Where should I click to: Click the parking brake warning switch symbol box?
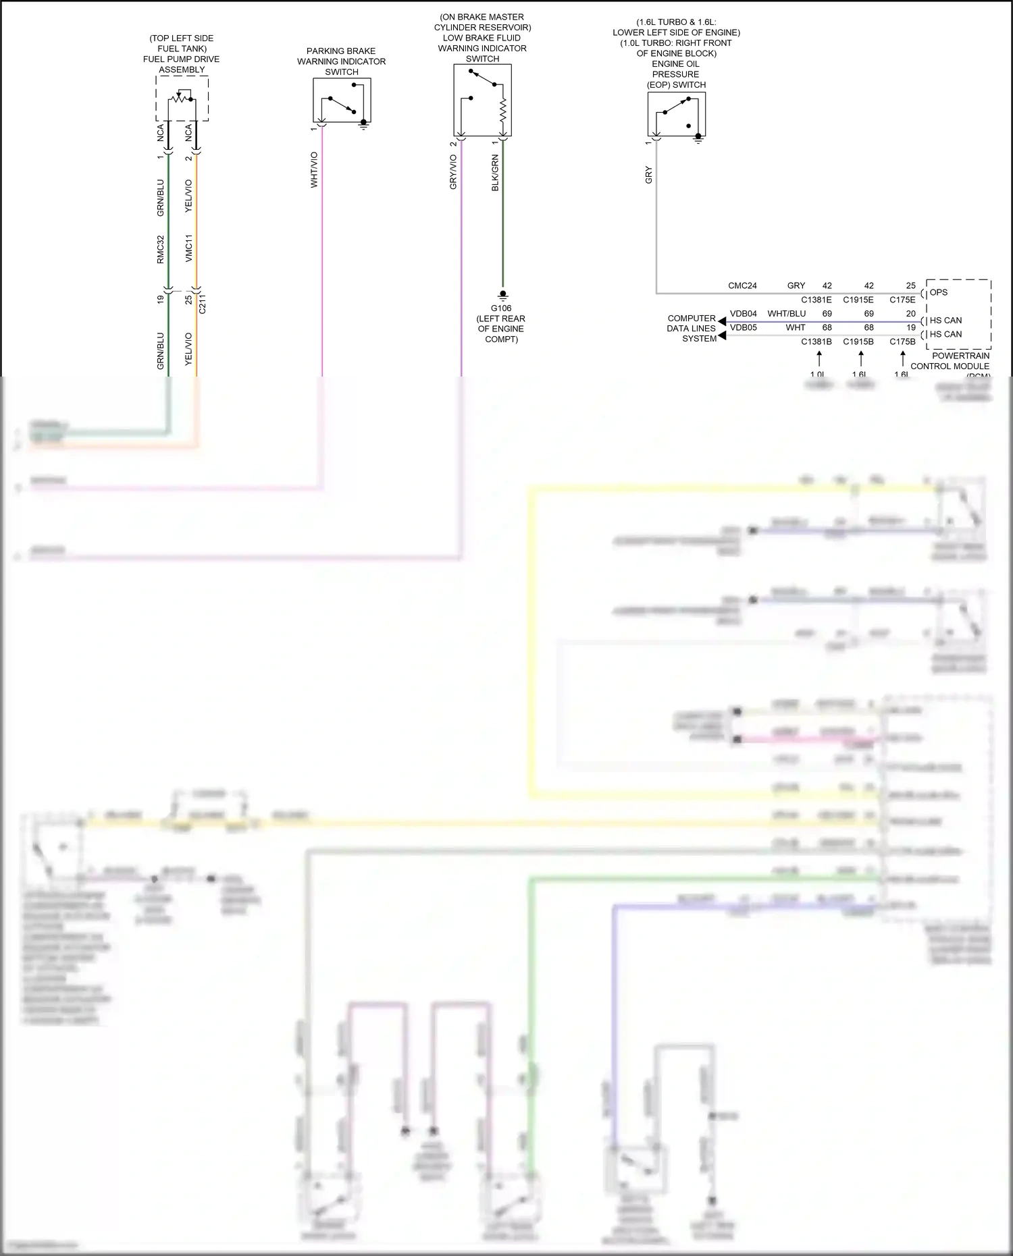click(x=342, y=100)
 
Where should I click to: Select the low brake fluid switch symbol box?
click(x=482, y=100)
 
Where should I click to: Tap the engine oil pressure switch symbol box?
click(x=676, y=114)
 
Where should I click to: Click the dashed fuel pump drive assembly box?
click(x=182, y=99)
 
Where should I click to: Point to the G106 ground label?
click(x=501, y=308)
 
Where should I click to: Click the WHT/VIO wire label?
click(x=314, y=169)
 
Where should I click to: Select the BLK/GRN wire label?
click(x=495, y=173)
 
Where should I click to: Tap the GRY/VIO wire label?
click(x=454, y=172)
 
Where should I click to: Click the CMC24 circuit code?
click(x=742, y=285)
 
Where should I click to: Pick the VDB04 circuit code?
click(x=743, y=314)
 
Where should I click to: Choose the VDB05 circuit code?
click(x=743, y=328)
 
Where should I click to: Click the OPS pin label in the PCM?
click(x=939, y=292)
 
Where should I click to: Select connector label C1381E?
click(x=816, y=300)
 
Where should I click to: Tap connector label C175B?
click(x=902, y=342)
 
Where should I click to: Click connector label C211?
click(x=203, y=304)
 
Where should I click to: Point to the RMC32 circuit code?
click(x=161, y=249)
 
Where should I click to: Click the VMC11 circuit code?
click(x=189, y=248)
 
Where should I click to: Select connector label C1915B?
click(x=858, y=342)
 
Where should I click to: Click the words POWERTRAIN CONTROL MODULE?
click(x=950, y=361)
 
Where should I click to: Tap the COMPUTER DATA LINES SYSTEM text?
click(x=691, y=328)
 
